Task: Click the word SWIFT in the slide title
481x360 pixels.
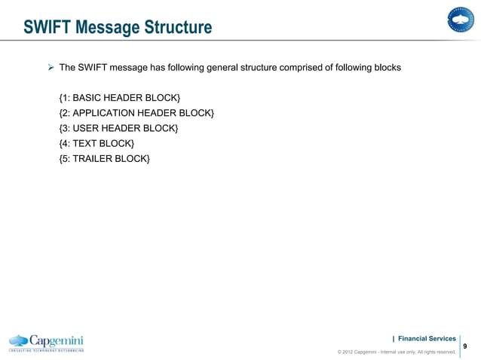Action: coord(47,29)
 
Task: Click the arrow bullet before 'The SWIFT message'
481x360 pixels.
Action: coord(51,68)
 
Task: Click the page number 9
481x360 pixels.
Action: coord(464,346)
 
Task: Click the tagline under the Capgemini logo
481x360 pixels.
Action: coord(46,351)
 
